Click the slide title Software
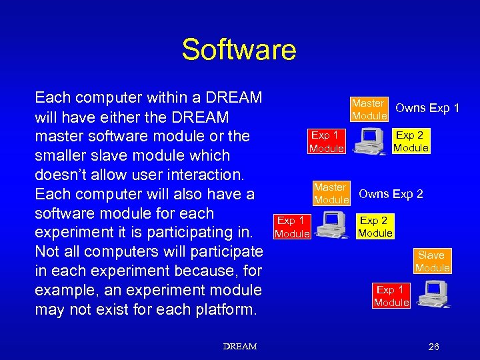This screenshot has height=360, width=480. pyautogui.click(x=239, y=50)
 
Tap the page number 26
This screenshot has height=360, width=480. pyautogui.click(x=433, y=347)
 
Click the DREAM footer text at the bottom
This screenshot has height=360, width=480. pyautogui.click(x=239, y=347)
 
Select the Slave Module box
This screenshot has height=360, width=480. pyautogui.click(x=432, y=261)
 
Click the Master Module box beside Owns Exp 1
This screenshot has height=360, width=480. pyautogui.click(x=369, y=109)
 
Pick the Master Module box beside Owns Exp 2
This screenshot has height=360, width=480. pyautogui.click(x=331, y=194)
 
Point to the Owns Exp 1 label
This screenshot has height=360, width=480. pyautogui.click(x=427, y=108)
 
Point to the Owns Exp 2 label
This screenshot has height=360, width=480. pyautogui.click(x=391, y=194)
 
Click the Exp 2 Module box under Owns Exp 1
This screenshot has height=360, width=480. pyautogui.click(x=411, y=141)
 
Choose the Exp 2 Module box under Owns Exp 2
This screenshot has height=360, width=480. pyautogui.click(x=375, y=227)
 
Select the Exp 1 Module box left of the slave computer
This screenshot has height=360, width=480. pyautogui.click(x=391, y=296)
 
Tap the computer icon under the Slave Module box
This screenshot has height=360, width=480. pyautogui.click(x=433, y=293)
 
